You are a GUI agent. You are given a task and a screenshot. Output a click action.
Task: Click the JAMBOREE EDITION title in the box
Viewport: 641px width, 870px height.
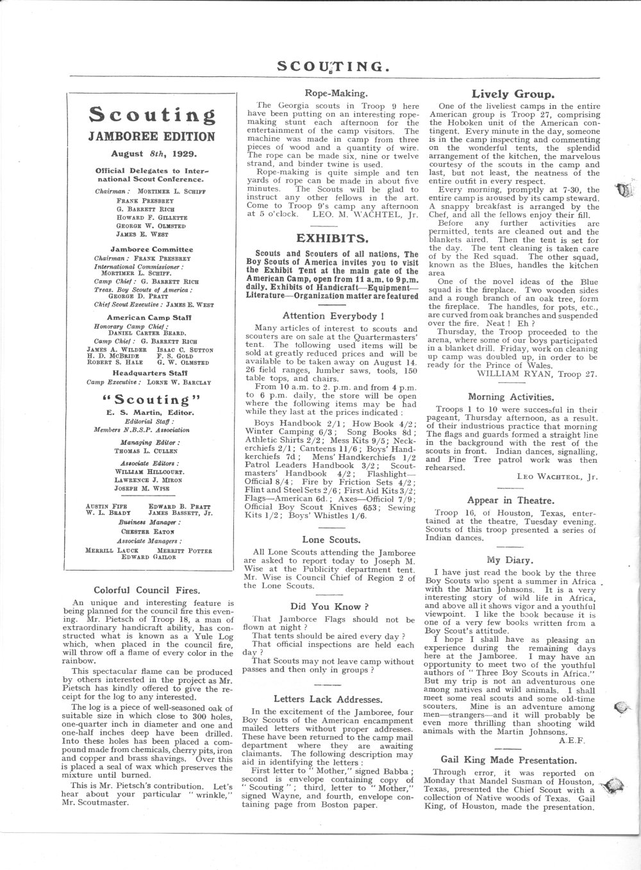coord(152,136)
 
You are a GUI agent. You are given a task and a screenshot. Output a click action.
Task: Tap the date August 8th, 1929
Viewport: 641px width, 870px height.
coord(152,154)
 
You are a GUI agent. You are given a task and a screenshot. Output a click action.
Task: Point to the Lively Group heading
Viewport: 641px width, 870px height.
coord(513,94)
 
